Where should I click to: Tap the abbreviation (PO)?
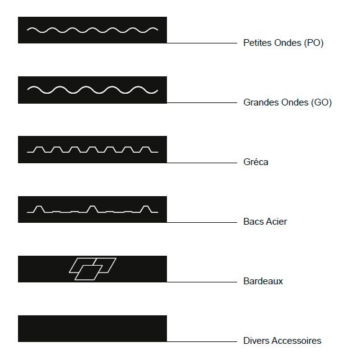click(313, 43)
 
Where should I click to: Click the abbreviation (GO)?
click(322, 102)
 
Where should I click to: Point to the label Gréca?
click(256, 162)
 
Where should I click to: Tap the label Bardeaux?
click(263, 281)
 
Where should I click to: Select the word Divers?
click(256, 341)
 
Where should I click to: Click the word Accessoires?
click(297, 341)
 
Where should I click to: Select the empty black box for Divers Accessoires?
click(92, 328)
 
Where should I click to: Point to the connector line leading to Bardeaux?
click(202, 282)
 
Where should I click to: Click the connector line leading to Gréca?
click(202, 163)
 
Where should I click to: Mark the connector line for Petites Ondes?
click(202, 43)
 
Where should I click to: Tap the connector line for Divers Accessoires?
click(202, 341)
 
